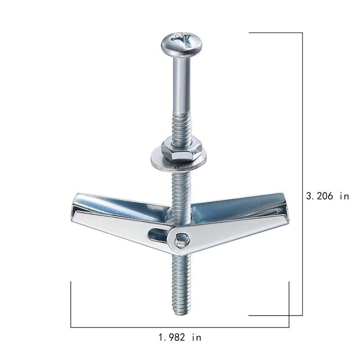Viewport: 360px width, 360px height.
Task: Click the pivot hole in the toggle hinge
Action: pos(181,240)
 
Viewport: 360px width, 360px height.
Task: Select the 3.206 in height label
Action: pos(327,196)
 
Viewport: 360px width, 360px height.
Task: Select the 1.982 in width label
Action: pos(180,338)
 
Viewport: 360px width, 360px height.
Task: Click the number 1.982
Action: pos(172,338)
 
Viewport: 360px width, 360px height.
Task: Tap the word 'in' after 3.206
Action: pos(344,196)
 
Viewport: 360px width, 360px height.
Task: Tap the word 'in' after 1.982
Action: pos(196,338)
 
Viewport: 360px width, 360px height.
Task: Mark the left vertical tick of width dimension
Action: pos(71,303)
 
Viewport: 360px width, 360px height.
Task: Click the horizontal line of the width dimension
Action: pos(180,327)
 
